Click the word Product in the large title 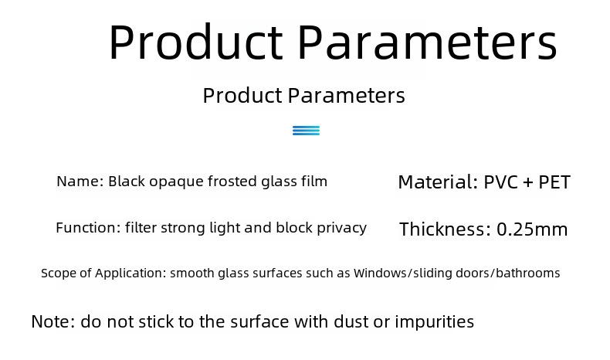click(195, 42)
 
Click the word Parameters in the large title click(428, 42)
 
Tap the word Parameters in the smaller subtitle click(346, 95)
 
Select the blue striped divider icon click(307, 131)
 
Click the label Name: click(80, 182)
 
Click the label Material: click(438, 182)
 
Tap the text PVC click(500, 182)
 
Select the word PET click(554, 182)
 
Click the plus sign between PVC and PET click(528, 182)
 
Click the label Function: click(88, 228)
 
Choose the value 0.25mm click(532, 229)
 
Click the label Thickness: click(445, 229)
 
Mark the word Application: click(130, 273)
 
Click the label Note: click(53, 322)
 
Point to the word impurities click(435, 322)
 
